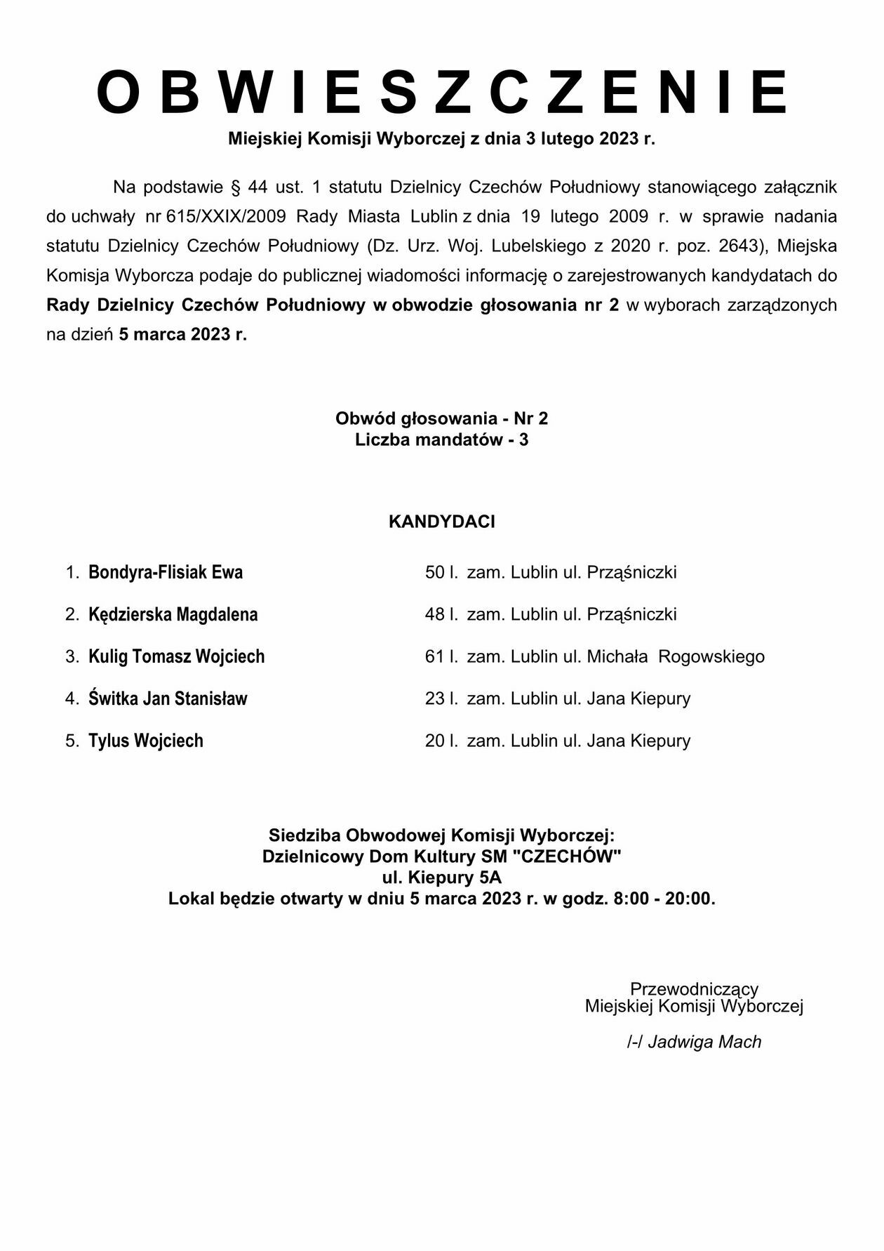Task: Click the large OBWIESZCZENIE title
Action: click(x=442, y=92)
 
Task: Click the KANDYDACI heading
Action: click(x=442, y=522)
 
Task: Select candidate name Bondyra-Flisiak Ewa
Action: click(x=166, y=572)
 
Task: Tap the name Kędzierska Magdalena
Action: click(x=173, y=614)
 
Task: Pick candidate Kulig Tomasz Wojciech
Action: click(x=177, y=656)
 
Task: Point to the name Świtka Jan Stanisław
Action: click(x=168, y=699)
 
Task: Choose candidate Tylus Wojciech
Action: click(x=146, y=741)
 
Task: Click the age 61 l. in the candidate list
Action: click(x=441, y=656)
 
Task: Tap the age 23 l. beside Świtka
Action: click(x=441, y=699)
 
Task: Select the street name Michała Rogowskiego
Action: click(x=676, y=656)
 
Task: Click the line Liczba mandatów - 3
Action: click(x=442, y=440)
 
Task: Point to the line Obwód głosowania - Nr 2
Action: click(x=442, y=418)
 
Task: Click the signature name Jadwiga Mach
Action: click(x=704, y=1042)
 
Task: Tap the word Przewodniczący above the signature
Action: click(x=694, y=988)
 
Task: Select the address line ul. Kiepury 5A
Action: click(x=442, y=878)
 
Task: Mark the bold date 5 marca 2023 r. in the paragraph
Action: click(x=182, y=334)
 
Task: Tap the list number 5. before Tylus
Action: click(x=72, y=741)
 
